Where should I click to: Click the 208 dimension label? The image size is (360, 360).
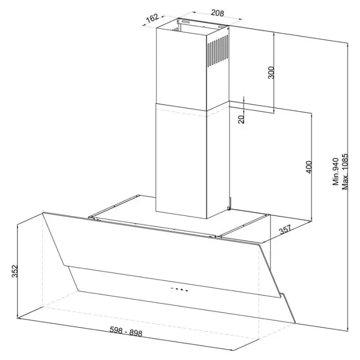click(x=217, y=13)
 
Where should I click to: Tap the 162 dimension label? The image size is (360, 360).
click(x=152, y=18)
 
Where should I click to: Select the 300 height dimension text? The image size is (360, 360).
click(x=271, y=73)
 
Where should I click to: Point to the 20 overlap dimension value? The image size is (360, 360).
click(x=241, y=119)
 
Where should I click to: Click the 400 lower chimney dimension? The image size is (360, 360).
click(x=309, y=167)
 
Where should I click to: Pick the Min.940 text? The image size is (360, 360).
click(x=336, y=171)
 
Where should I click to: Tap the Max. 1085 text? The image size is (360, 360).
click(x=345, y=171)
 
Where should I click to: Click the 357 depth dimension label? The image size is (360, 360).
click(x=285, y=229)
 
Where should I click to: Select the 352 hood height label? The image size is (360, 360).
click(x=15, y=271)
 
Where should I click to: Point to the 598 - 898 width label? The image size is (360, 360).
click(x=126, y=331)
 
